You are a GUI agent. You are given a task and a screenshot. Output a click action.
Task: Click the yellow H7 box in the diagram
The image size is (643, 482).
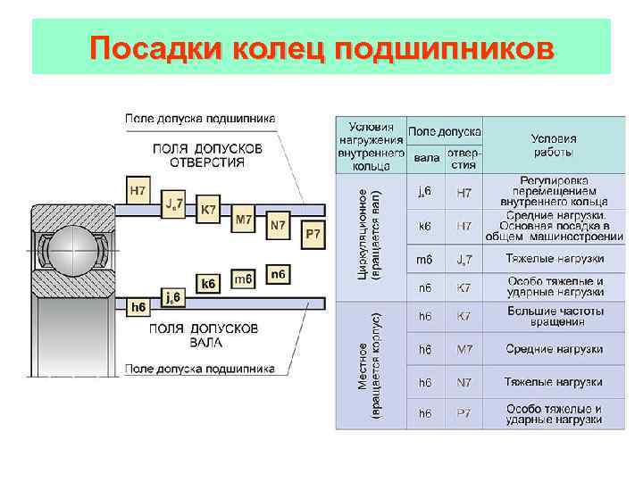(x=138, y=190)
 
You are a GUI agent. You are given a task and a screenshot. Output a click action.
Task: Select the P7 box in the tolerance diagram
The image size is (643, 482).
(x=313, y=234)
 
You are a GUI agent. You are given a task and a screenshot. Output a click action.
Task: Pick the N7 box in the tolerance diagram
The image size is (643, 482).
(x=278, y=226)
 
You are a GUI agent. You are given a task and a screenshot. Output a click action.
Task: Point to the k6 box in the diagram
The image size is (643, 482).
(x=208, y=284)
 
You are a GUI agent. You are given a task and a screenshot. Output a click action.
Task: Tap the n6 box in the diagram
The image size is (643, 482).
(x=278, y=273)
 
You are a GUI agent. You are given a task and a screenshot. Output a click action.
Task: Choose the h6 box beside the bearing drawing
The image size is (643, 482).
(x=138, y=307)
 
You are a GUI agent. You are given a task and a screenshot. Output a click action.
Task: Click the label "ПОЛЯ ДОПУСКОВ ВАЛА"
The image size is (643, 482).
(x=205, y=335)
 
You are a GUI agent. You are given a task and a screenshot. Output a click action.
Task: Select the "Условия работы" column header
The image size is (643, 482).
(x=554, y=145)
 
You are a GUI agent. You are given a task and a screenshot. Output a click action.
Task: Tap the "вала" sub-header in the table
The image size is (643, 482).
(x=427, y=158)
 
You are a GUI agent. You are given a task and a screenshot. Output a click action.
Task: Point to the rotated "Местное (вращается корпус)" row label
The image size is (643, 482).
(x=369, y=366)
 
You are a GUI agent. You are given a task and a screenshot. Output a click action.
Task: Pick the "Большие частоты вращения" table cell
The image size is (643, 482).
(x=554, y=316)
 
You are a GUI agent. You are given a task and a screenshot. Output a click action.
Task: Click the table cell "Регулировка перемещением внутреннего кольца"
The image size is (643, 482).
(x=554, y=191)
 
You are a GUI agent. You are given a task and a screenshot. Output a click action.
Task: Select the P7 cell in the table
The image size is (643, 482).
(x=464, y=413)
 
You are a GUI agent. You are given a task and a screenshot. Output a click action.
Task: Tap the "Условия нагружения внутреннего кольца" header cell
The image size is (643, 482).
(x=371, y=145)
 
